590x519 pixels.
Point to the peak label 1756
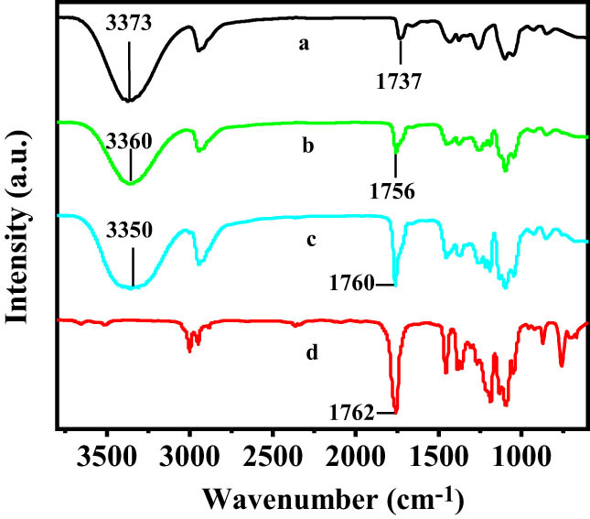(x=396, y=192)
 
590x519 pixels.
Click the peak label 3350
(x=134, y=245)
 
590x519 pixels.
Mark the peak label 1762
(x=353, y=414)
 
